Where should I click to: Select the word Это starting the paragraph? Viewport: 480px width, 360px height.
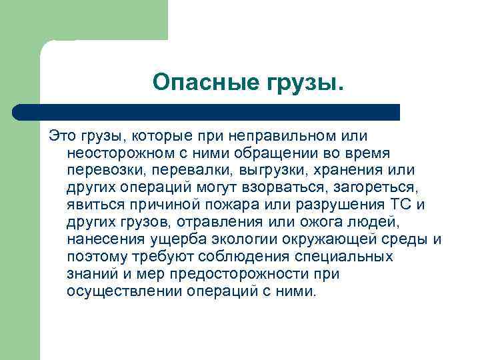(x=63, y=136)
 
